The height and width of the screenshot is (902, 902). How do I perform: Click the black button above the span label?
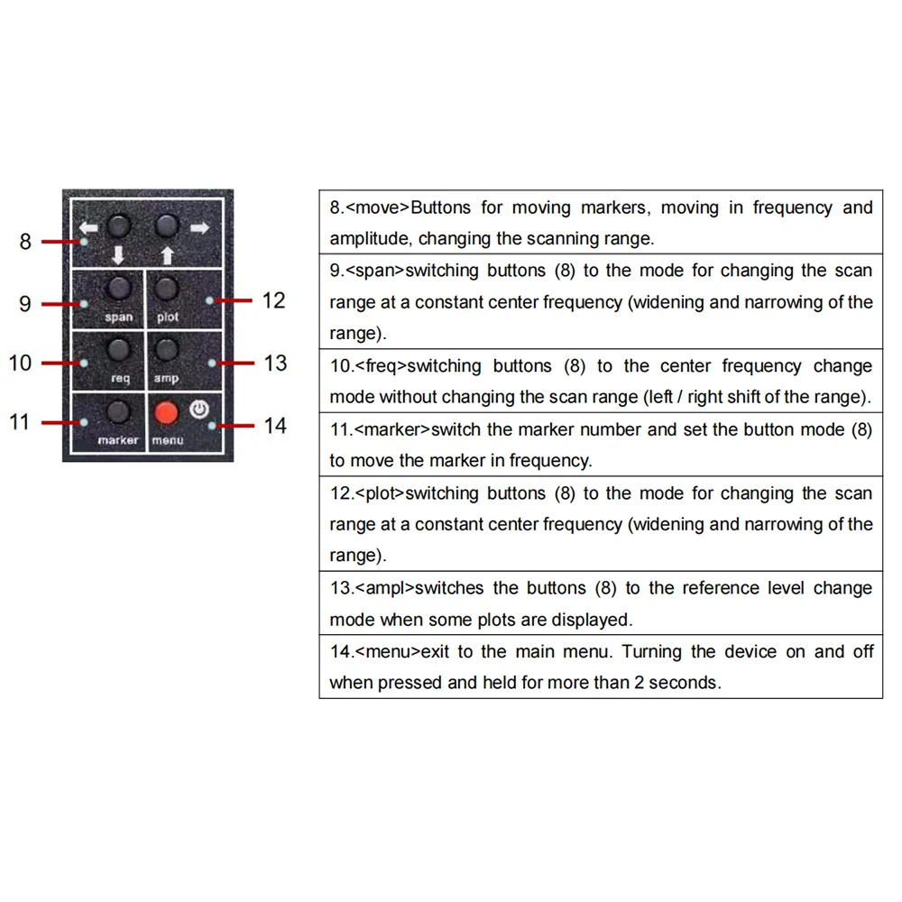click(x=118, y=289)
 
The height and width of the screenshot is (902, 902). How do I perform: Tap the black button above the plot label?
click(x=167, y=289)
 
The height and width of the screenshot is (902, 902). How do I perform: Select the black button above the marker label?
click(x=118, y=412)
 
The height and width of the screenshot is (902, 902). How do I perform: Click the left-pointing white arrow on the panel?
click(x=88, y=227)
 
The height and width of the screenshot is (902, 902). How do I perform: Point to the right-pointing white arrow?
click(x=199, y=227)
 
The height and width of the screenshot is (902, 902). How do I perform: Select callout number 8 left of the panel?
click(x=25, y=242)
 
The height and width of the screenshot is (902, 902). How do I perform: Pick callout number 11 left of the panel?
click(x=20, y=422)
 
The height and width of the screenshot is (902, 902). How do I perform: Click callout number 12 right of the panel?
click(x=273, y=300)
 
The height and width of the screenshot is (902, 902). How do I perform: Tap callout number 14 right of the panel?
click(x=275, y=426)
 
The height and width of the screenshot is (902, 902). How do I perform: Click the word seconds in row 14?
click(x=687, y=683)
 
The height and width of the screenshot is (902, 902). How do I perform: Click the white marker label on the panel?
click(x=118, y=441)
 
